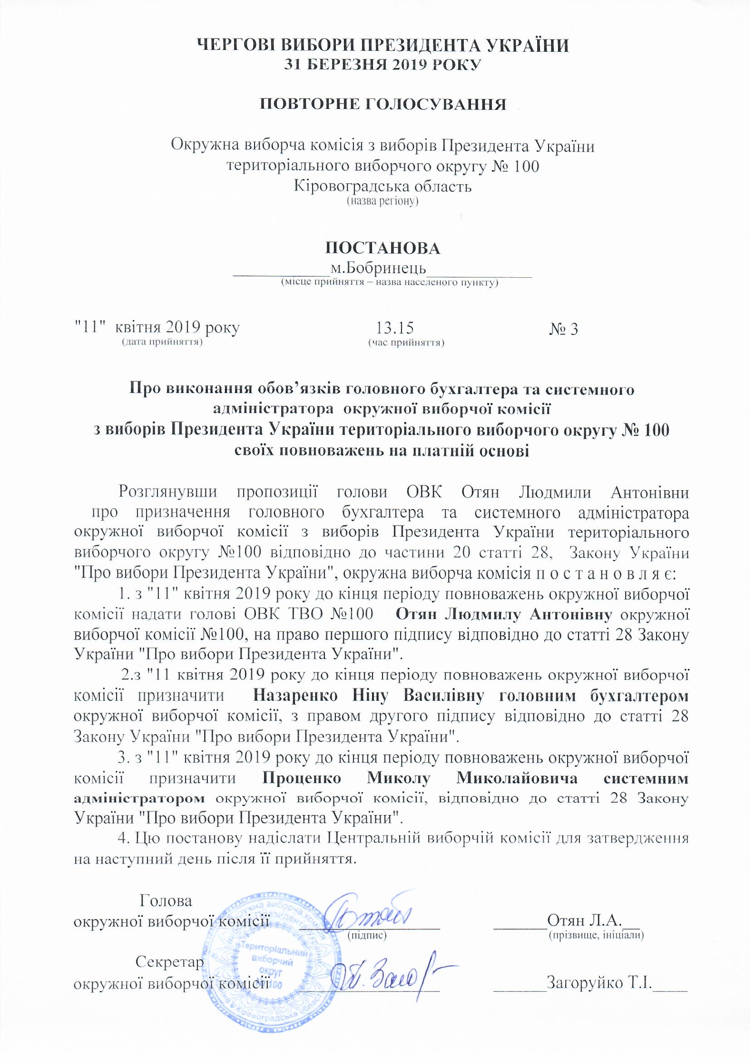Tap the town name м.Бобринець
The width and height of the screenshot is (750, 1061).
pyautogui.click(x=378, y=269)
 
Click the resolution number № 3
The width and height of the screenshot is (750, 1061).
pyautogui.click(x=564, y=329)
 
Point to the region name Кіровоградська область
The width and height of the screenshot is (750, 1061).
pyautogui.click(x=382, y=186)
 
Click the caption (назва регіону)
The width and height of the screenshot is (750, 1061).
pyautogui.click(x=382, y=201)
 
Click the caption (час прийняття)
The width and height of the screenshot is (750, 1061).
pyautogui.click(x=406, y=343)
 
